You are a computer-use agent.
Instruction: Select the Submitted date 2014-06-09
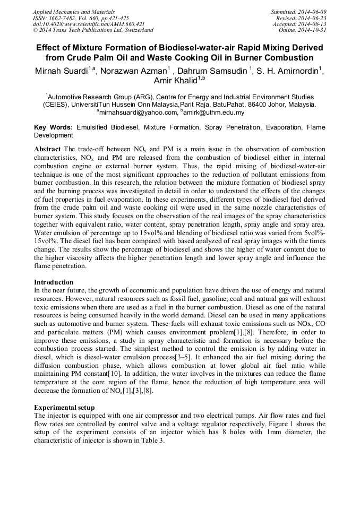click(313, 12)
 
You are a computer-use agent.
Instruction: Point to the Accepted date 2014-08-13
click(313, 24)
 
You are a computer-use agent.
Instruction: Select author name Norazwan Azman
click(134, 71)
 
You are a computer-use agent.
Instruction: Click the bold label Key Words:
click(54, 128)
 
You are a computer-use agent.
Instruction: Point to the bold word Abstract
click(47, 149)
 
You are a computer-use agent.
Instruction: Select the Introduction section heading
click(54, 282)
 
